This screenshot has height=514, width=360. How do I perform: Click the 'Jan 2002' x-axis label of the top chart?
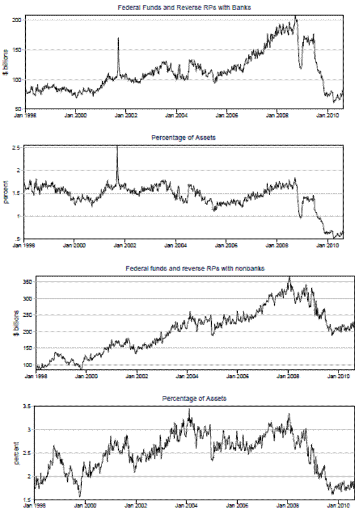[x=125, y=114]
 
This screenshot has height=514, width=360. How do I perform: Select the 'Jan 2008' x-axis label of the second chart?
[x=277, y=245]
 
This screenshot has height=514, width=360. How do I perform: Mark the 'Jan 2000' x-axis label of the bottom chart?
[x=87, y=506]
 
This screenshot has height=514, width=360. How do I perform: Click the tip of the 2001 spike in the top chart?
[x=118, y=38]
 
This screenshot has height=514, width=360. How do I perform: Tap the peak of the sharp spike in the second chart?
[x=117, y=146]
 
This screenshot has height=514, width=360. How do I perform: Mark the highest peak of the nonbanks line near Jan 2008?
[x=289, y=277]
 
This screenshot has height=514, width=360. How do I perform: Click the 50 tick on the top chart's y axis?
[x=19, y=108]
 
